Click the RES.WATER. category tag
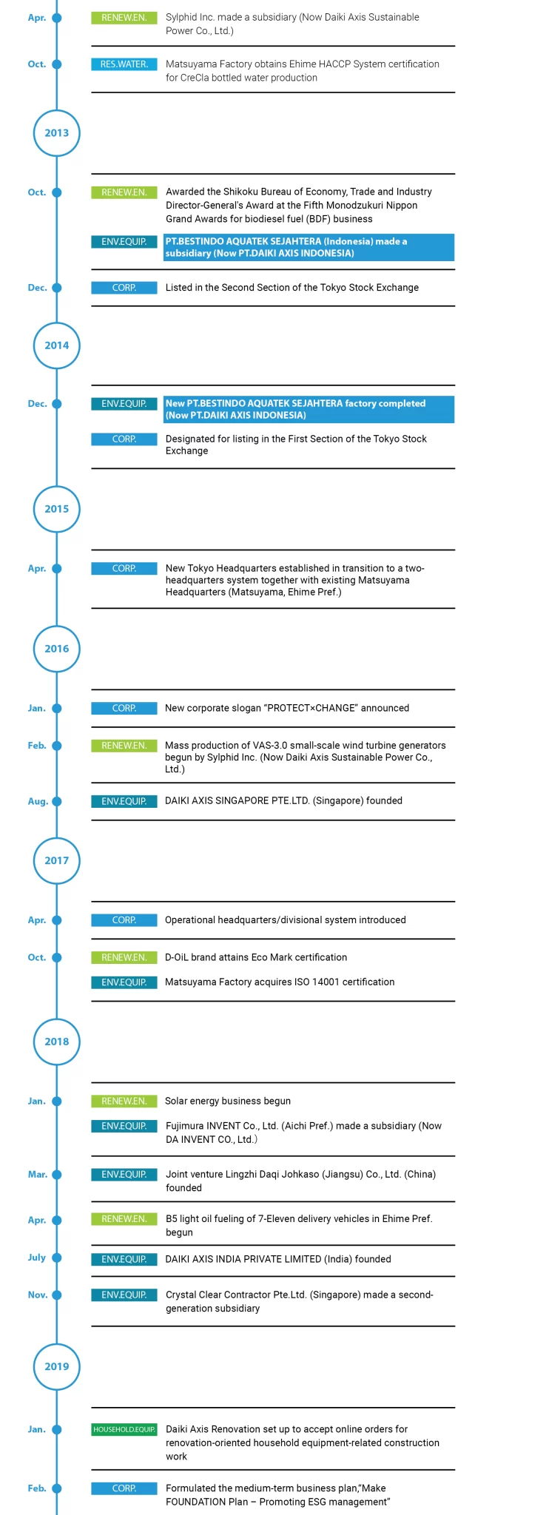(x=124, y=64)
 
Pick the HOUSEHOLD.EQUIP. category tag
(x=124, y=1429)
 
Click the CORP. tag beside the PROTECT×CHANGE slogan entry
(x=124, y=708)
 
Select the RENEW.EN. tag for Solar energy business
(x=124, y=1101)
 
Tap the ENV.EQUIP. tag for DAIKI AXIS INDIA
(x=124, y=1259)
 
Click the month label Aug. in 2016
(x=38, y=801)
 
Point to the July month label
(x=37, y=1258)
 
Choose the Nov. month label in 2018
(x=38, y=1295)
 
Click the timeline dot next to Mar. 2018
(x=57, y=1175)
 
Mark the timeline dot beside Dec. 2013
(x=57, y=288)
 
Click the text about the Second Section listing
(x=292, y=288)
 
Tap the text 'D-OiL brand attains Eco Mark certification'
(x=256, y=957)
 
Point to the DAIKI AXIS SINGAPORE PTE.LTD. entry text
(x=283, y=800)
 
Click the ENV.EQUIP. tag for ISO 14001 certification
(x=124, y=982)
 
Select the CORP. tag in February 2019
(x=124, y=1488)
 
